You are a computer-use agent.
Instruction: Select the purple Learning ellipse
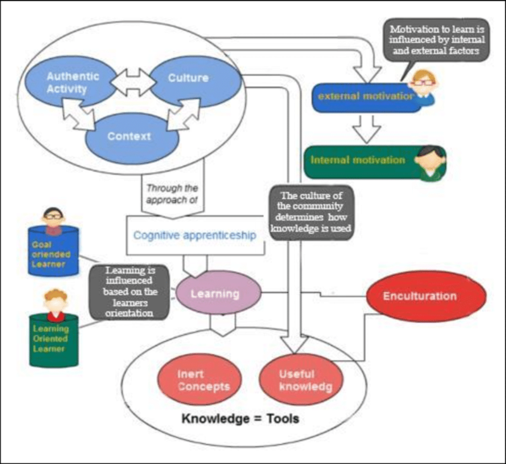pos(218,293)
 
